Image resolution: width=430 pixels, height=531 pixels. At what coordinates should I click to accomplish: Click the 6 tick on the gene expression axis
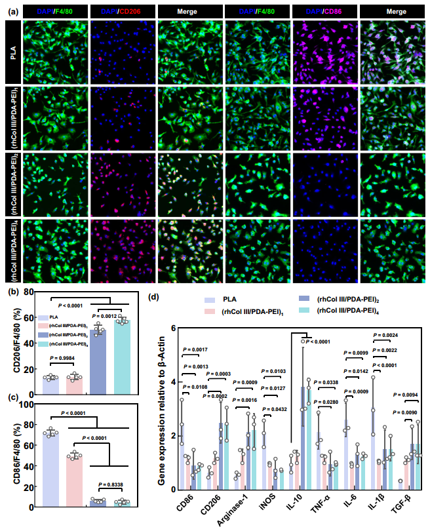tap(173, 328)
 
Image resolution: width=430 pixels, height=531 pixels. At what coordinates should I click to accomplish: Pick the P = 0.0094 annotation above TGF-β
tap(407, 395)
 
